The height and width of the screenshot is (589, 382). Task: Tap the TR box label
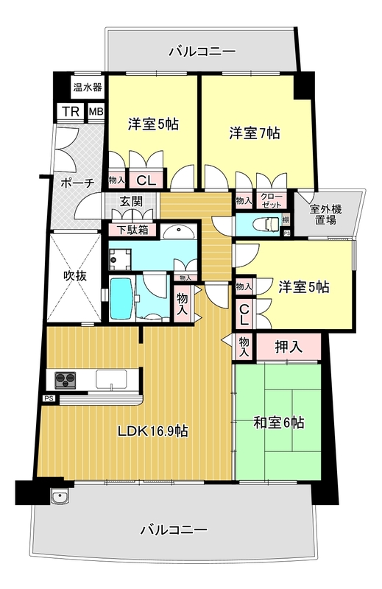(71, 112)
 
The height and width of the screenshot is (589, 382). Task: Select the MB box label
(96, 112)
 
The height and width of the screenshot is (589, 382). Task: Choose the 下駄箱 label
(133, 229)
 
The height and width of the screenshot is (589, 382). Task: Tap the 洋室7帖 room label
(253, 133)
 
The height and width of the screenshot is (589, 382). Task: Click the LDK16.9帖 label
(153, 432)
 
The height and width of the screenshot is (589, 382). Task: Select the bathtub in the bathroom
(121, 297)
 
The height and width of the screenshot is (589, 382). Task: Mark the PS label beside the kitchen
(49, 398)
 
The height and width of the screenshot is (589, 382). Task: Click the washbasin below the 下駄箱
(177, 233)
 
